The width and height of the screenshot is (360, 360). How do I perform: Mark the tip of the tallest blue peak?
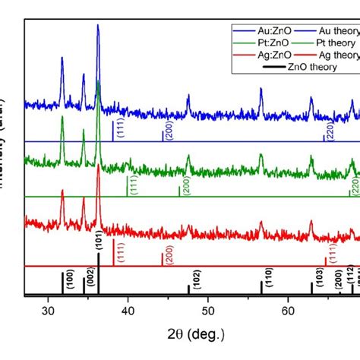coord(98,25)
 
